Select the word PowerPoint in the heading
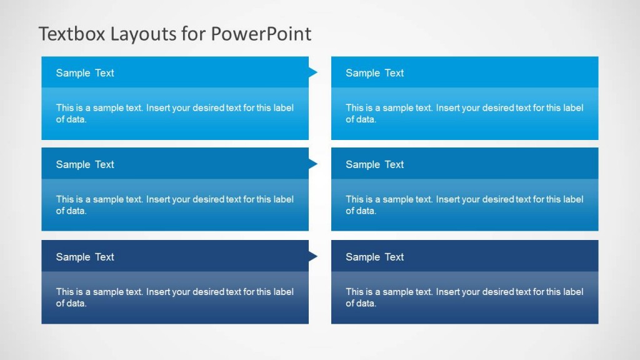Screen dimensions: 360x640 (x=261, y=34)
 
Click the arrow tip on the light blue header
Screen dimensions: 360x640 (x=313, y=72)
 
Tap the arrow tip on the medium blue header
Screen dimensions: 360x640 (x=313, y=164)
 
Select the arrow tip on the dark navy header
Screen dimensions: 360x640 (x=313, y=256)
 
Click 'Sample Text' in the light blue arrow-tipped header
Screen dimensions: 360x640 (x=85, y=73)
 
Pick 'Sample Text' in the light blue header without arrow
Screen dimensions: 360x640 (x=375, y=73)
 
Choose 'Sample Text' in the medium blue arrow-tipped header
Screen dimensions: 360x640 (x=85, y=165)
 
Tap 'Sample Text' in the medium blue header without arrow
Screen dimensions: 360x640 (x=375, y=165)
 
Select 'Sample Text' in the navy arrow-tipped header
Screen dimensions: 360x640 (x=85, y=257)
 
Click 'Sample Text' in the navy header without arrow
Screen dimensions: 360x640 (x=375, y=257)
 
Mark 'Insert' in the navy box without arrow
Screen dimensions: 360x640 (x=448, y=291)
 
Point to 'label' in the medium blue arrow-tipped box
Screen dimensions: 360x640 (x=283, y=199)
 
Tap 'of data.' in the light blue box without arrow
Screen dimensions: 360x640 (x=361, y=119)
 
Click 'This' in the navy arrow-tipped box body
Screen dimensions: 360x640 (x=65, y=291)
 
